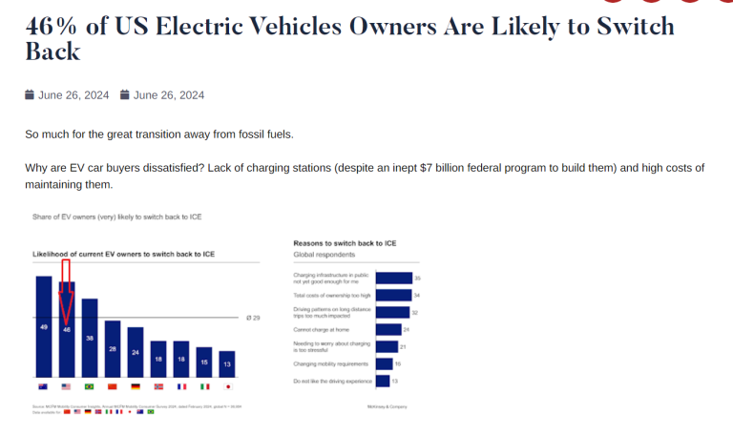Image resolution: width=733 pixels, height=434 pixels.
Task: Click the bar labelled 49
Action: coord(44,327)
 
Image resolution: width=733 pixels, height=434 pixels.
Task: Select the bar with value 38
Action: coord(90,339)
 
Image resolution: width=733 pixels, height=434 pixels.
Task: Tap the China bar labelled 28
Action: coord(113,349)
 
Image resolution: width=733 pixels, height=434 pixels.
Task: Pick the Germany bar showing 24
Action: coord(136,353)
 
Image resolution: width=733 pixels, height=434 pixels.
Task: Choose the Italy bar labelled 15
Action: coord(204,363)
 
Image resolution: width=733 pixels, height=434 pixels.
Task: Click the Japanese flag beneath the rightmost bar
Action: coord(227,386)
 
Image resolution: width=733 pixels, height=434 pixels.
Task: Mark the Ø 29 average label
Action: coord(254,317)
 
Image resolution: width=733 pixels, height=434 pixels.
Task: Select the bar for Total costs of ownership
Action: coord(394,295)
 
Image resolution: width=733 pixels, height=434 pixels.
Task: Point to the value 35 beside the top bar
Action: coord(418,278)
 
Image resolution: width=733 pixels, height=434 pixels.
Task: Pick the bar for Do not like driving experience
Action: coord(383,381)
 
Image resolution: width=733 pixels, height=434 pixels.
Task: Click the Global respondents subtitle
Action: coord(325,255)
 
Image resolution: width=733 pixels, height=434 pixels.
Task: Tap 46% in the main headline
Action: coord(52,27)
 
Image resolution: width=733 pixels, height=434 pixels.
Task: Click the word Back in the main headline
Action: coord(52,52)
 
